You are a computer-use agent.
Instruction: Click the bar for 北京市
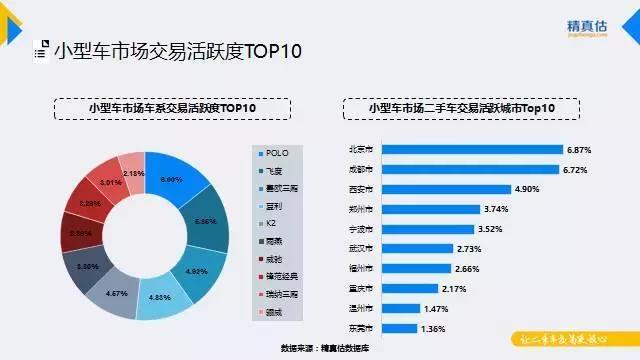pos(471,149)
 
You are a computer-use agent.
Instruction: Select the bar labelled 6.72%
pos(469,169)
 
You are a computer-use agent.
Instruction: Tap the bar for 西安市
pos(444,189)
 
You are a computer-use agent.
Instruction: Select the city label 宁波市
pos(362,229)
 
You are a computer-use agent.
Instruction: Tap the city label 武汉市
pos(362,249)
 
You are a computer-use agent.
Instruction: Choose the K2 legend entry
pos(273,223)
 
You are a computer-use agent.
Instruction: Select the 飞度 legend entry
pos(275,171)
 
